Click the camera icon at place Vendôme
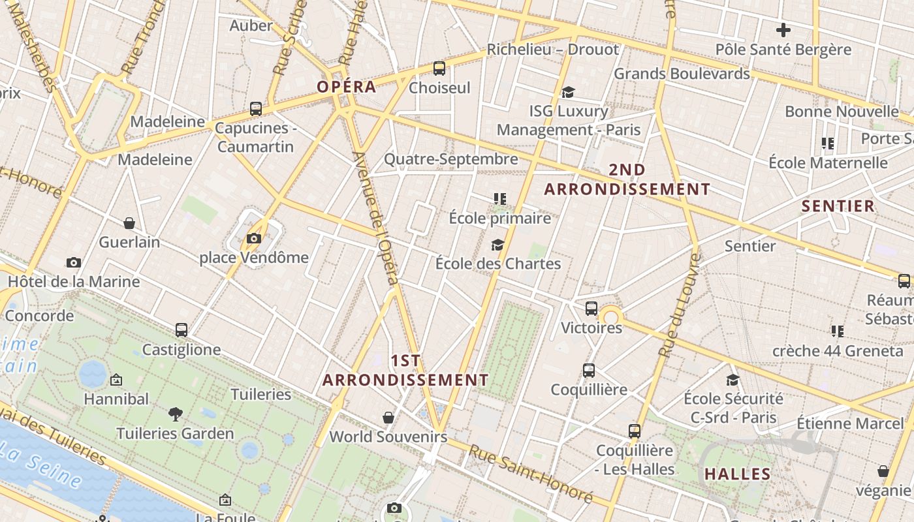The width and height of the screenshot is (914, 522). (254, 239)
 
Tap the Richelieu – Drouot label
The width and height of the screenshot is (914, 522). (552, 50)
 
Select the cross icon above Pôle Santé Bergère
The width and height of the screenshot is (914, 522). (783, 30)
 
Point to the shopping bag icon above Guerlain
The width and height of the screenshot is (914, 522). (129, 223)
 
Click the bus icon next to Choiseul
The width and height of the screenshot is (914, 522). (439, 69)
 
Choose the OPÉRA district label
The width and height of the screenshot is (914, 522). (347, 87)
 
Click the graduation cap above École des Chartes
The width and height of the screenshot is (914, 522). (497, 245)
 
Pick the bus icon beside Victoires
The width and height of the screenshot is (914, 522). (591, 309)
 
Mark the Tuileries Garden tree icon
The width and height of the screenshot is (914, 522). (175, 414)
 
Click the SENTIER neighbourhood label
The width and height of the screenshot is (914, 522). (838, 206)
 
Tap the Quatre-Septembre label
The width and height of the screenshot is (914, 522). (450, 159)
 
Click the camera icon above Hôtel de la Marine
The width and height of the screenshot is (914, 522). (74, 263)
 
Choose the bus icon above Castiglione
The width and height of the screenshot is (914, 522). (181, 330)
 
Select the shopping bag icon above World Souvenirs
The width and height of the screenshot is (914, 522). (388, 418)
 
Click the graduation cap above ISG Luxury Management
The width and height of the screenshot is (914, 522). (568, 93)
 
